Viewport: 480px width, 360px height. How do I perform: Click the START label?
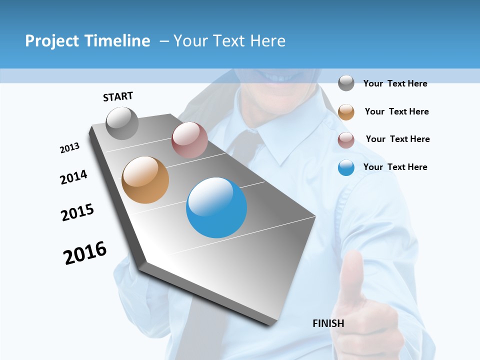point(118,96)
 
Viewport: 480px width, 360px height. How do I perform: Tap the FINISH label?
point(328,323)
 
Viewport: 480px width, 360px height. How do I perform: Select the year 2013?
point(69,148)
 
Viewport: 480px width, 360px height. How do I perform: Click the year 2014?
point(73,177)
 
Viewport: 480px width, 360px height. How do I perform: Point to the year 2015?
point(77,212)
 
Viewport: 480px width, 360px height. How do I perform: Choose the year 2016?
point(85,252)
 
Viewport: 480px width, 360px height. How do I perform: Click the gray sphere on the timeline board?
point(122,123)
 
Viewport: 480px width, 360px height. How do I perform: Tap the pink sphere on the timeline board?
point(189,140)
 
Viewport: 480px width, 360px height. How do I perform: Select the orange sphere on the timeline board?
point(145,180)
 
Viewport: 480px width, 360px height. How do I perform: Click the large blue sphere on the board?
point(216,207)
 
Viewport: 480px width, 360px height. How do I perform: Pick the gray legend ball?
point(346,83)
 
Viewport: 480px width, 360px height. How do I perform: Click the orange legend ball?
point(346,111)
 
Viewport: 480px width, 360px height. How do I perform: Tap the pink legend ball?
point(346,139)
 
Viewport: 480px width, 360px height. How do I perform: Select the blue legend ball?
point(346,167)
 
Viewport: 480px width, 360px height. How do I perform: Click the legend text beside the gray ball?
point(395,83)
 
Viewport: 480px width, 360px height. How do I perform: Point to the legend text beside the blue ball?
point(395,167)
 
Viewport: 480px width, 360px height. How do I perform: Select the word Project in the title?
point(52,41)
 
